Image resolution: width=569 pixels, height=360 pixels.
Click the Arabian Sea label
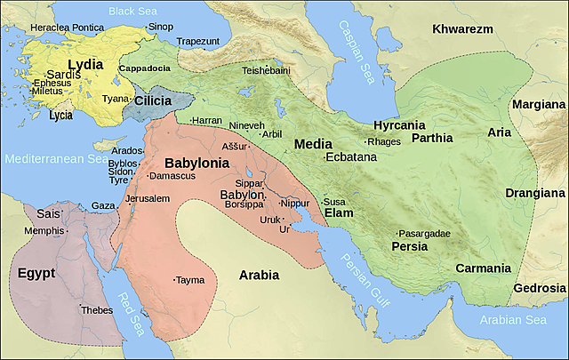pyautogui.click(x=513, y=320)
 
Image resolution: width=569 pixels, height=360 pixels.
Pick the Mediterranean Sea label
pyautogui.click(x=54, y=160)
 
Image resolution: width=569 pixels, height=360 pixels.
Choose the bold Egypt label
pyautogui.click(x=36, y=272)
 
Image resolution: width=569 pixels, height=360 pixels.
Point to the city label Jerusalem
pyautogui.click(x=148, y=198)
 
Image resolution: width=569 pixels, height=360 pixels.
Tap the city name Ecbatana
pyautogui.click(x=351, y=157)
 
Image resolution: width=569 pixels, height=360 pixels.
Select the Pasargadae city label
pyautogui.click(x=425, y=233)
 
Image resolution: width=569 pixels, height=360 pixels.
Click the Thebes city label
pyautogui.click(x=96, y=310)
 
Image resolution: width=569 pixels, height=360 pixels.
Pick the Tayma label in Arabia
pyautogui.click(x=189, y=279)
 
